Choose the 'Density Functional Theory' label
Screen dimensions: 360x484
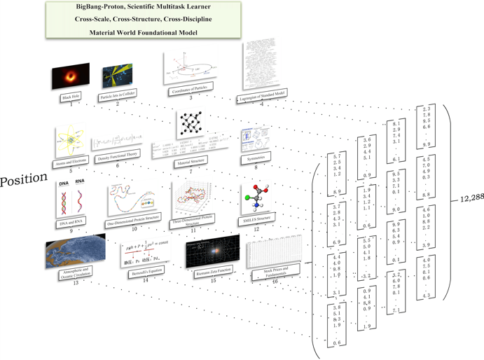pyautogui.click(x=116, y=153)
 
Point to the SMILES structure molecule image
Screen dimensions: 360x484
pyautogui.click(x=257, y=197)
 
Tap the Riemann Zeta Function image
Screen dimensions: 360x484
pyautogui.click(x=212, y=252)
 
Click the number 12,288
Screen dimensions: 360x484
pyautogui.click(x=469, y=198)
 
